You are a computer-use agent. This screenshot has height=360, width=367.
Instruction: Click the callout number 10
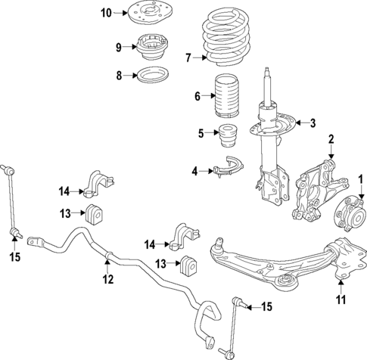click(x=106, y=13)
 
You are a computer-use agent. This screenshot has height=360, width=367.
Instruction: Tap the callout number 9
click(x=117, y=48)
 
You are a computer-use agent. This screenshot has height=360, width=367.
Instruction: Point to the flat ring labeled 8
click(x=150, y=75)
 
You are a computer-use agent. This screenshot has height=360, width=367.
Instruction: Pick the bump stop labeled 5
click(x=225, y=141)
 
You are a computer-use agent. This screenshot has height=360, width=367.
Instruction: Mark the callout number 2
click(x=330, y=138)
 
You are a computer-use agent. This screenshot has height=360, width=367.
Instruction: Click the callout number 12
click(x=107, y=279)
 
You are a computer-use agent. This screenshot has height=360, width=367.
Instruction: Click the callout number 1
click(x=361, y=179)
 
